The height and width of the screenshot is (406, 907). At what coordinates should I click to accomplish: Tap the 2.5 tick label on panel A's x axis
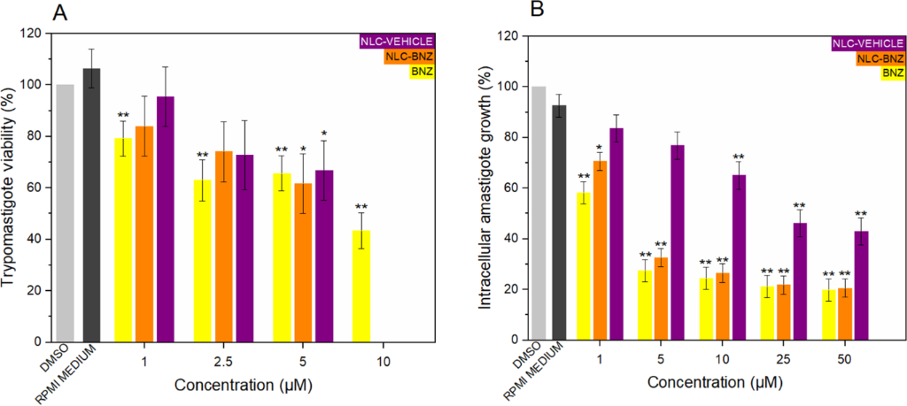click(225, 360)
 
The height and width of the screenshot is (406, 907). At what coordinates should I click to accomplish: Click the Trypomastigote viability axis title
click(12, 188)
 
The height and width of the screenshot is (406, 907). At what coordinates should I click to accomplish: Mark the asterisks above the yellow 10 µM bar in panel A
click(361, 208)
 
